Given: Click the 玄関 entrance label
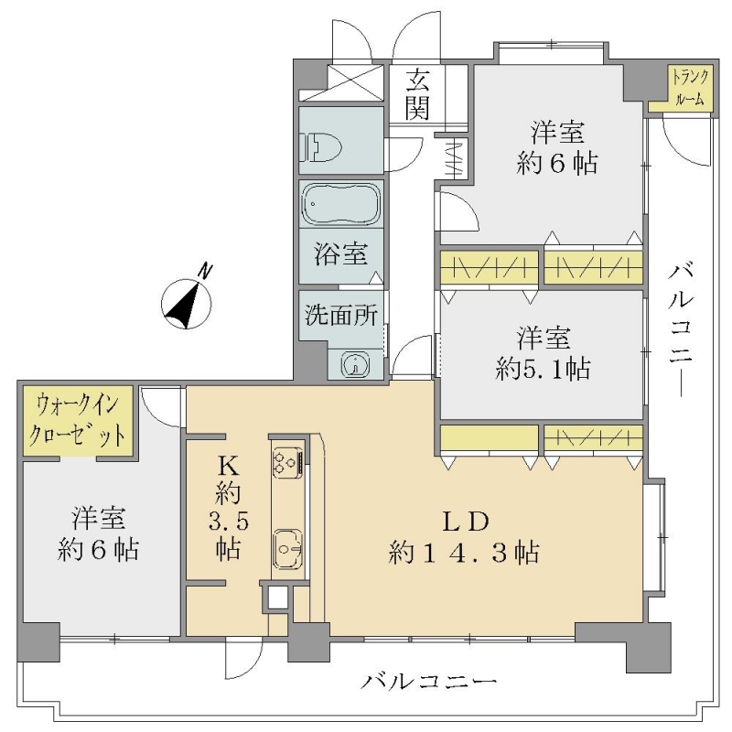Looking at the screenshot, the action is (417, 95).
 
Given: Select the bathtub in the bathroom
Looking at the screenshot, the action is (340, 204).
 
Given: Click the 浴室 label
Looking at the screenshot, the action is (340, 254).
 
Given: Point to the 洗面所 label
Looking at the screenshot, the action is (340, 315).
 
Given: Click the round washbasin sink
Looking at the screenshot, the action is (356, 363).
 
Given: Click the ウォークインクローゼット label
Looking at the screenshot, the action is (77, 421).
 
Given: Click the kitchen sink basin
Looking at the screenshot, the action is (287, 548).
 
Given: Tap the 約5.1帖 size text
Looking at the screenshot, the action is (543, 369).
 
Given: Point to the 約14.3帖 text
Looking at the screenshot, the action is (464, 553).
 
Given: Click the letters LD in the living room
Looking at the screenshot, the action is (465, 522).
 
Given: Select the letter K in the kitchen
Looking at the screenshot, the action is (228, 465).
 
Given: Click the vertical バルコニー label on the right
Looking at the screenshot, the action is (681, 330).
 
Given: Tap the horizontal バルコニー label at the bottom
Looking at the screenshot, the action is (428, 683).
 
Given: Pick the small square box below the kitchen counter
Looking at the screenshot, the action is (278, 598).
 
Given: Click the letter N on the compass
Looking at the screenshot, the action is (205, 271).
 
